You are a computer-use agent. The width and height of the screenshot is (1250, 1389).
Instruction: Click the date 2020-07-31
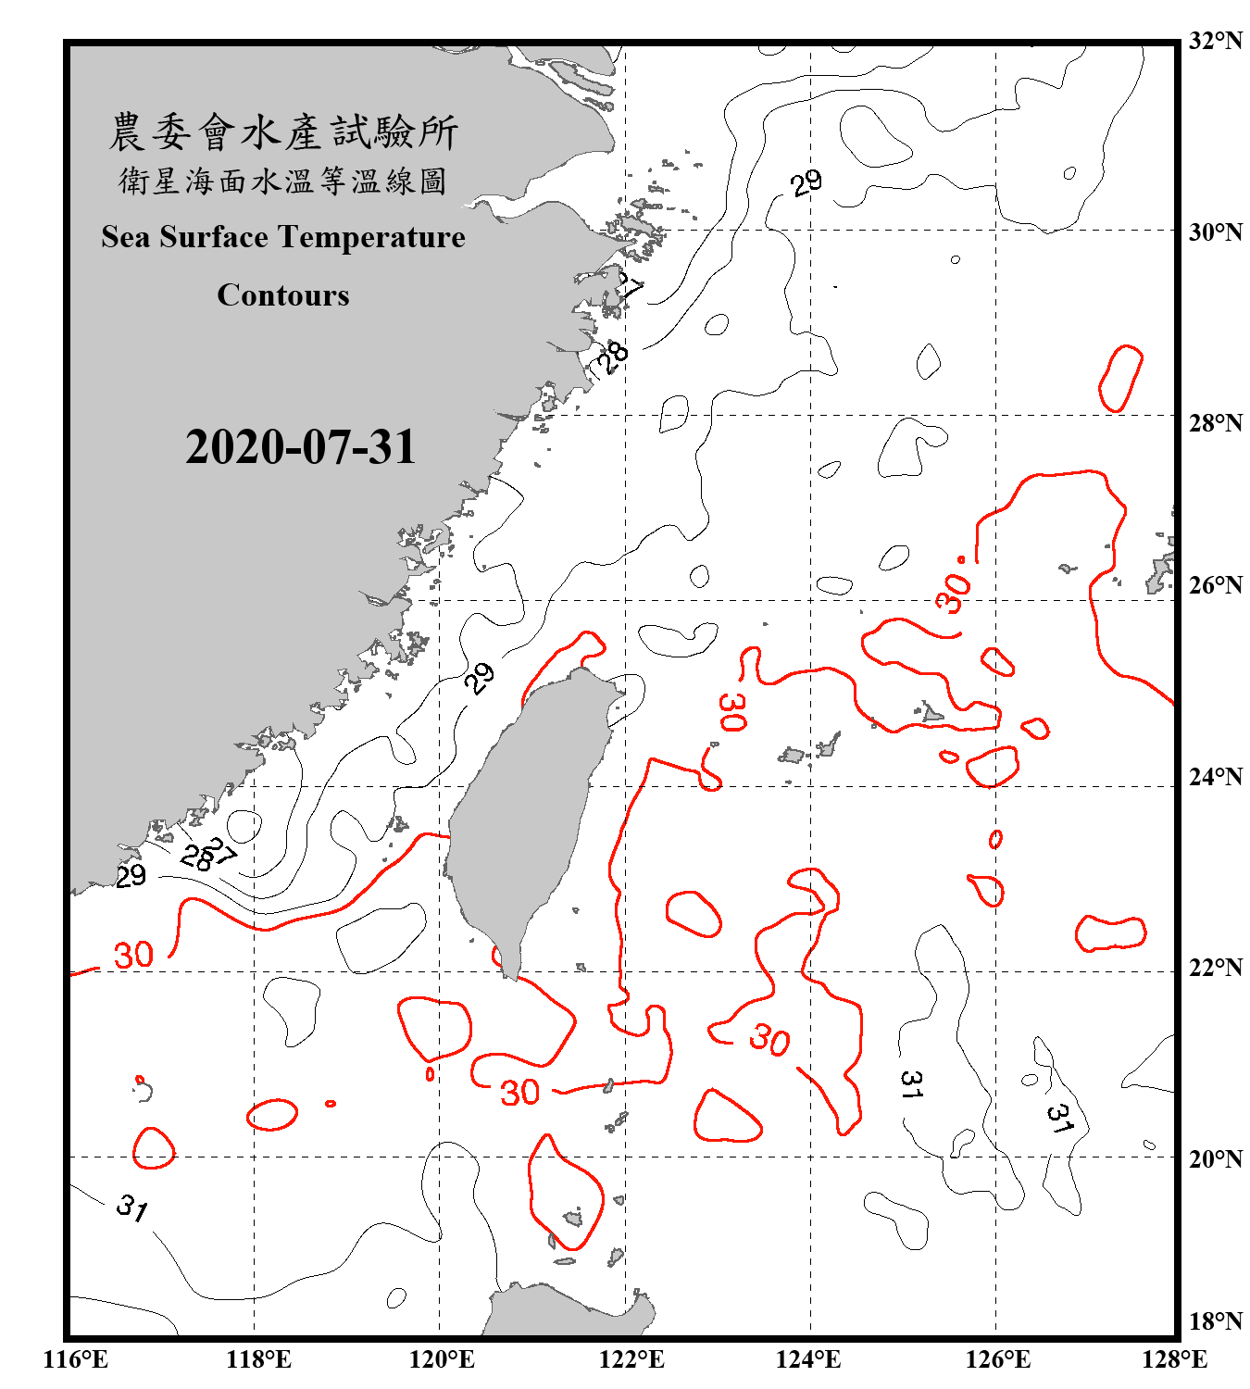[301, 447]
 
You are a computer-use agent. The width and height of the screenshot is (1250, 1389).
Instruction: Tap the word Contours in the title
[283, 295]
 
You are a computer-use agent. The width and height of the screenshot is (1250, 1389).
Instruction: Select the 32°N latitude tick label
[1215, 41]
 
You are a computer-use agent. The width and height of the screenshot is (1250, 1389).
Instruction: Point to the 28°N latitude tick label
[1215, 423]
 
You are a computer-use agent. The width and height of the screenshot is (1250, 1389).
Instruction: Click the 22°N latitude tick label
[1215, 968]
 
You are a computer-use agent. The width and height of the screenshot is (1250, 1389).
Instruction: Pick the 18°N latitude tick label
[1215, 1321]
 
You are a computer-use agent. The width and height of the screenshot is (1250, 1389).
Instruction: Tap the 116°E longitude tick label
[75, 1359]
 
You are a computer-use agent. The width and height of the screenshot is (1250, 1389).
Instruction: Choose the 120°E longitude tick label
[442, 1359]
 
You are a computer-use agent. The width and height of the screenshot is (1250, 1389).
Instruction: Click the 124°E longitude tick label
[808, 1359]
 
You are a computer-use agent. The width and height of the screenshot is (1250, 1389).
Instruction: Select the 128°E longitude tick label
[1174, 1359]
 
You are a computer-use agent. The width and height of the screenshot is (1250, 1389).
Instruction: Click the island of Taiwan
[523, 815]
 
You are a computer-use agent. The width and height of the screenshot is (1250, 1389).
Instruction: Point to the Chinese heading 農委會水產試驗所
[283, 131]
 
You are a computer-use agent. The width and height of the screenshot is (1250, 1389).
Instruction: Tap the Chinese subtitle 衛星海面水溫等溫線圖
[283, 181]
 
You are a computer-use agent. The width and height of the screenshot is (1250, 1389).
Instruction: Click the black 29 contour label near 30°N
[806, 182]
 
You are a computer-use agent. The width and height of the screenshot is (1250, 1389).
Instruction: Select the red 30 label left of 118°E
[133, 955]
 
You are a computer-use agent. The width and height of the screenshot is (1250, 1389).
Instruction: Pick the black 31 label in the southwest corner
[132, 1207]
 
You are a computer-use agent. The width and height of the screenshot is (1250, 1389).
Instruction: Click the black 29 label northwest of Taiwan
[479, 679]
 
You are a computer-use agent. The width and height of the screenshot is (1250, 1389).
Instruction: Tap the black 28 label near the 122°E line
[612, 357]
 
